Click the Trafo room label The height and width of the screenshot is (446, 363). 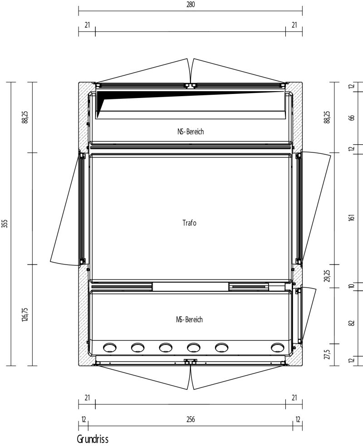(x=190, y=223)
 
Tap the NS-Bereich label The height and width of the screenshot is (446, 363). (x=191, y=132)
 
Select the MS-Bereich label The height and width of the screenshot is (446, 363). (x=190, y=319)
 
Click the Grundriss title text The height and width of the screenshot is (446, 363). (x=93, y=439)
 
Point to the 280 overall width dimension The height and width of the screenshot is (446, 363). (x=191, y=5)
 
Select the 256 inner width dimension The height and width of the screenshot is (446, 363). (x=191, y=419)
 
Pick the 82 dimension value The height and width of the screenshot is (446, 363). (x=352, y=323)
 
